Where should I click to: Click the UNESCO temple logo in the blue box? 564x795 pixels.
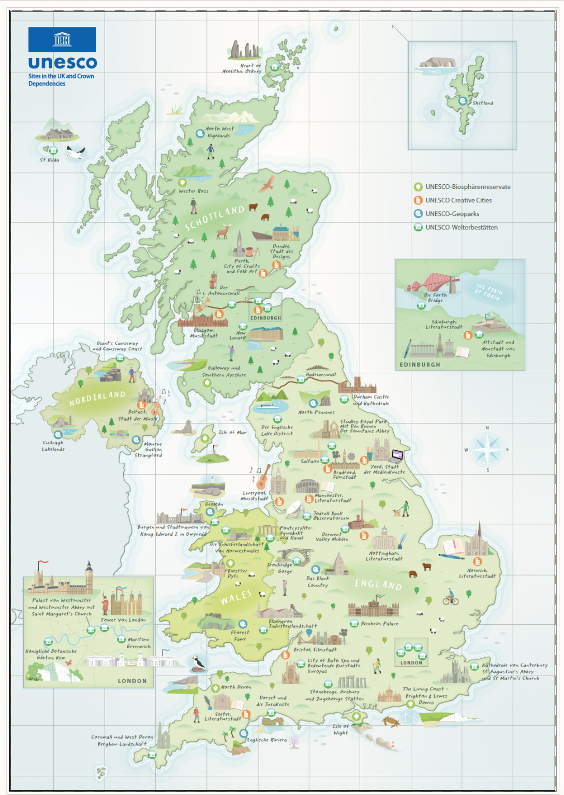[x=62, y=39]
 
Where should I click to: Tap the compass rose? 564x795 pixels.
[x=486, y=449]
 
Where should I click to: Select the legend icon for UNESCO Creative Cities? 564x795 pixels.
[x=418, y=200]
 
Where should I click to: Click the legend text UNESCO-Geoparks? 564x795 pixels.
[x=452, y=214]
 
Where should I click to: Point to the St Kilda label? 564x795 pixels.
[x=50, y=160]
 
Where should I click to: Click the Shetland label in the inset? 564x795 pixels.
[x=482, y=103]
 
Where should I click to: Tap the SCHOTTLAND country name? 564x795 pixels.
[x=214, y=218]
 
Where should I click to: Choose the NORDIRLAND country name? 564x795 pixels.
[x=97, y=398]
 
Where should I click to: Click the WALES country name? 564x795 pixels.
[x=236, y=597]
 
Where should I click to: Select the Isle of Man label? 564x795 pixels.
[x=232, y=432]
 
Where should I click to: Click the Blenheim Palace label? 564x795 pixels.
[x=379, y=624]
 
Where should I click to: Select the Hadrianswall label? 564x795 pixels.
[x=321, y=374]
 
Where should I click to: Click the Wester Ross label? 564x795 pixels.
[x=194, y=191]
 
